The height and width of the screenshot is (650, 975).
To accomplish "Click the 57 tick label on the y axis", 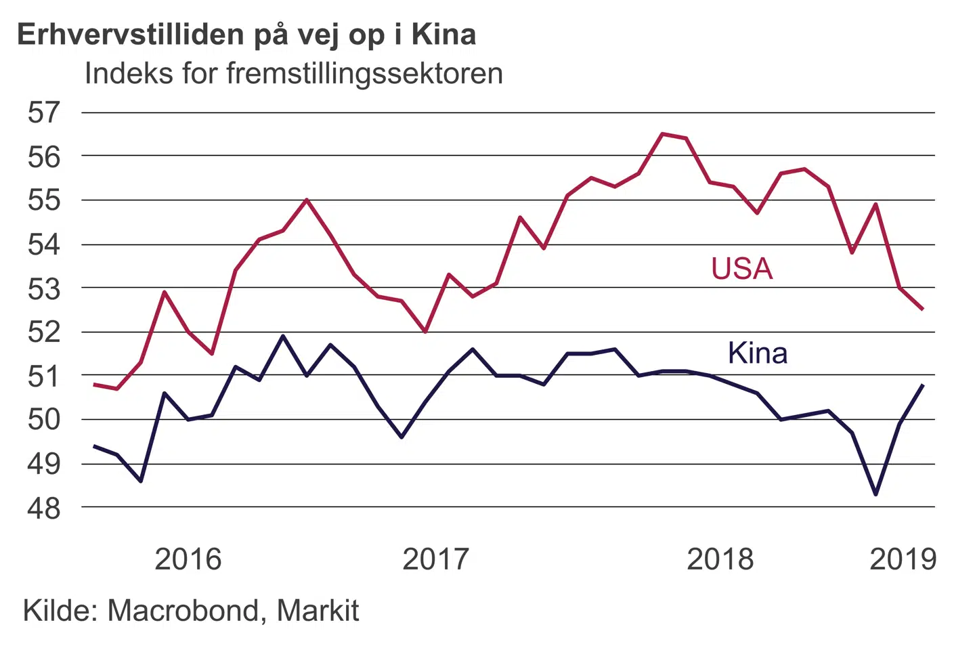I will (44, 112).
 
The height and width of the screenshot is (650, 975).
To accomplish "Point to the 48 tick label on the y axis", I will (44, 508).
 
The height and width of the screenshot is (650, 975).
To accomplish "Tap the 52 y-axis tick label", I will (44, 332).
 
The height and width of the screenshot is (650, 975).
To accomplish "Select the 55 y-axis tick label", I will (44, 200).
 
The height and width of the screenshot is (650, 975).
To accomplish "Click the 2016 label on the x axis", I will (188, 559).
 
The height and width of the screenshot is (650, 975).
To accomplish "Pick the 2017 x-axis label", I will (435, 559).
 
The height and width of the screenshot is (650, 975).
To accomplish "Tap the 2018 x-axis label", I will (720, 559).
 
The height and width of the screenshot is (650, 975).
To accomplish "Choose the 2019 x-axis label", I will (903, 559).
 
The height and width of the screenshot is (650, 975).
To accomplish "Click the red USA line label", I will (741, 269).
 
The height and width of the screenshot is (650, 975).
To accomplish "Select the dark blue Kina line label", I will (758, 353).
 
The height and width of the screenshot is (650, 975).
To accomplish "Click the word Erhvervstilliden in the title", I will (130, 34).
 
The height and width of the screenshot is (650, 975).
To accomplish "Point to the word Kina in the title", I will (443, 34).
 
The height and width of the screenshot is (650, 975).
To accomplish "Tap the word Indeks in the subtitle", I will (129, 73).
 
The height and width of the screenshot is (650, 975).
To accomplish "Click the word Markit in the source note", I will (318, 611).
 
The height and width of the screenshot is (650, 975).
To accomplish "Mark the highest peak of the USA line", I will (662, 134).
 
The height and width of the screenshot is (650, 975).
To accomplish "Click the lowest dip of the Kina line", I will (876, 494).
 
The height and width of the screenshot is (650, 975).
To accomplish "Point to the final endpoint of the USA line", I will (923, 309).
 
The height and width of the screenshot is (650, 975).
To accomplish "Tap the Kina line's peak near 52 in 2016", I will (283, 336).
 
